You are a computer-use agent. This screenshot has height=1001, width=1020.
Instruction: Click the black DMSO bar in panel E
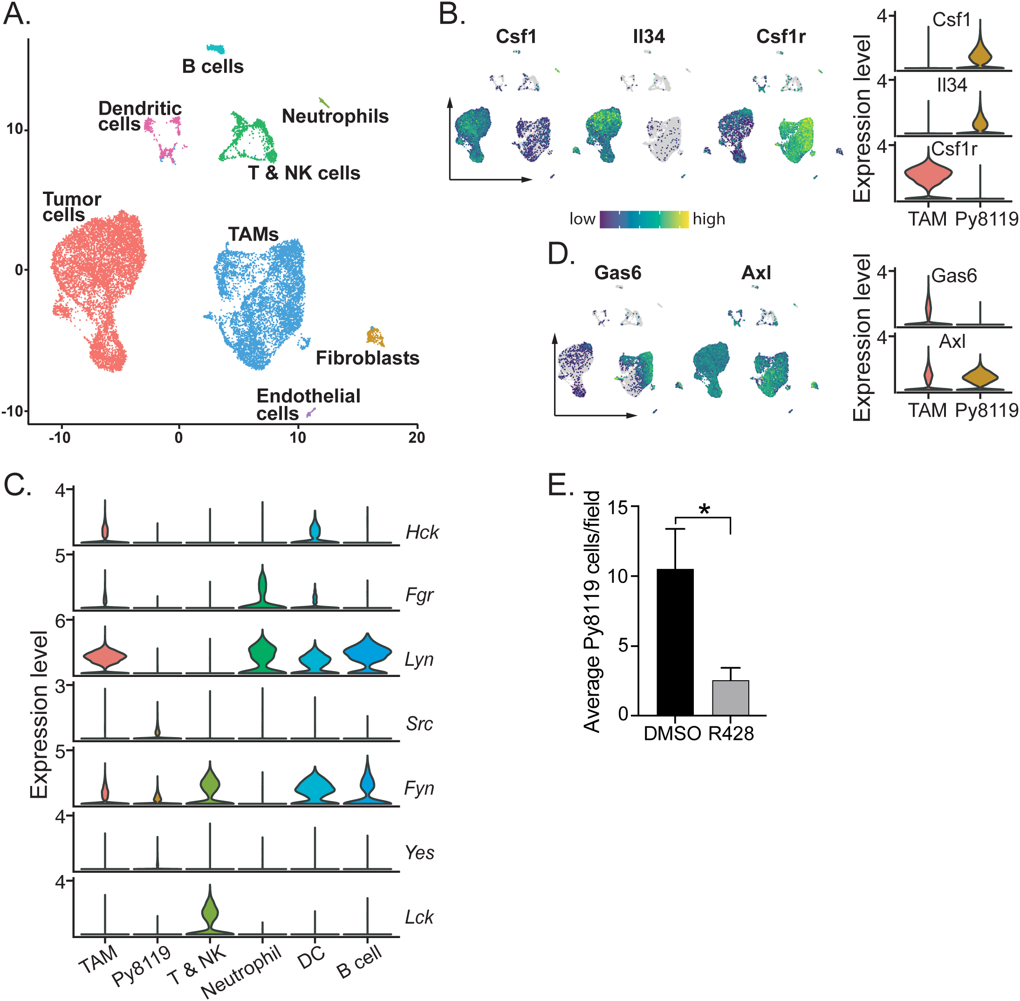[675, 642]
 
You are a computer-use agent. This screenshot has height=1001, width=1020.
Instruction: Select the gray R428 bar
[731, 697]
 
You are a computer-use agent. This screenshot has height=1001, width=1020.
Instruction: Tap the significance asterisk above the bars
[704, 510]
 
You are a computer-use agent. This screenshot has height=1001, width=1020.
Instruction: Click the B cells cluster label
[213, 67]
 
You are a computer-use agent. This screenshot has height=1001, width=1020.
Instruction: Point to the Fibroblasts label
[367, 358]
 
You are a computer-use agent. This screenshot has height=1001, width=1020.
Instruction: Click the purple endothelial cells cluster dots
[311, 413]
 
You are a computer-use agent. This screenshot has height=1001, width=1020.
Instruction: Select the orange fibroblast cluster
[375, 336]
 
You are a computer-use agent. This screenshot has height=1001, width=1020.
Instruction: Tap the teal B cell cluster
[215, 49]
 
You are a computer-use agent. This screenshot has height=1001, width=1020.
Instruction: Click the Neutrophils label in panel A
[335, 116]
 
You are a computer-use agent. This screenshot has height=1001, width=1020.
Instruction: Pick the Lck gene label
[419, 918]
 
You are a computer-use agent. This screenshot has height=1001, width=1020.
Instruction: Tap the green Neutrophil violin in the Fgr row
[262, 588]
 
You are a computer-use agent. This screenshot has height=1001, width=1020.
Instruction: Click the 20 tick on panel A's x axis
[417, 437]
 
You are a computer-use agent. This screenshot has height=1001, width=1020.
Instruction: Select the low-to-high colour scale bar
[644, 219]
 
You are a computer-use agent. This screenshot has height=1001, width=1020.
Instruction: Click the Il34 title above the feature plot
[649, 37]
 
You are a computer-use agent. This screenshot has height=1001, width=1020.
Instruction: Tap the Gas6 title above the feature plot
[617, 273]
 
